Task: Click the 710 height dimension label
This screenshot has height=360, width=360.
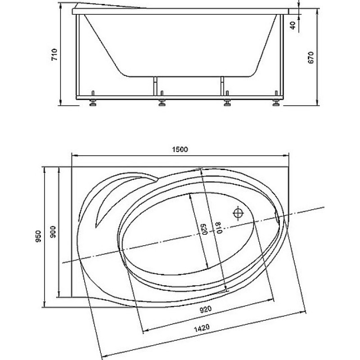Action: pos(54,54)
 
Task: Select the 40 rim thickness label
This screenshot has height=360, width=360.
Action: pos(293,25)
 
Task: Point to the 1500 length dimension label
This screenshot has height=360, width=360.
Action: pos(180,149)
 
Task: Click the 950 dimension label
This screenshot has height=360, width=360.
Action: pos(38,237)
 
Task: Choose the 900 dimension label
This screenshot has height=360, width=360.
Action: pos(53,232)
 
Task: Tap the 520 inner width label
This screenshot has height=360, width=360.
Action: pos(204,229)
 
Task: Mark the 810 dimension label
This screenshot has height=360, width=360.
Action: pos(219,228)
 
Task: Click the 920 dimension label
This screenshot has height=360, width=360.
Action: pos(206,310)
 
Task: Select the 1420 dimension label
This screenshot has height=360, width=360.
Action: pos(202,328)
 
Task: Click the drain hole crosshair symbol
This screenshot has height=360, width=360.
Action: pos(238,213)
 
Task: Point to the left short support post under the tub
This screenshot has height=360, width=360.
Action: pos(155,86)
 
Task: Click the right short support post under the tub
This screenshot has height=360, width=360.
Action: pos(222,86)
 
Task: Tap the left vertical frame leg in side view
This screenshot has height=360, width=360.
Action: pos(77,55)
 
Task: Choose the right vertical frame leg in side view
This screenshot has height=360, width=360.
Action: pos(282,55)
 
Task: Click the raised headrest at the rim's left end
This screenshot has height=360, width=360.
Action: pos(108,6)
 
